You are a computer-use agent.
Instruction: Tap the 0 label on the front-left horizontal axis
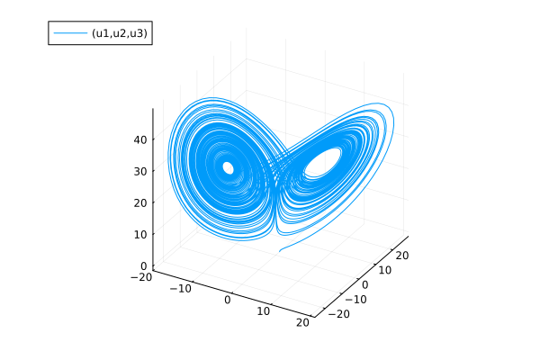(229, 301)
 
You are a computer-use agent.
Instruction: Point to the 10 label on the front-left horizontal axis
(264, 311)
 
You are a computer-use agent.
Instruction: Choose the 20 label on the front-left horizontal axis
(303, 322)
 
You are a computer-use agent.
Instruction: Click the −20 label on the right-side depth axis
(337, 314)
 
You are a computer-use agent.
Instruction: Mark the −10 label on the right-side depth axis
(352, 300)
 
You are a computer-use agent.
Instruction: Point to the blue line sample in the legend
(68, 32)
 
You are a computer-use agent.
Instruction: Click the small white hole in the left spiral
(228, 167)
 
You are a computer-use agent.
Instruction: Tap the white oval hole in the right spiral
(323, 163)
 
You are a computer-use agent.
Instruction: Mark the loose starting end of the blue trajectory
(281, 250)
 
